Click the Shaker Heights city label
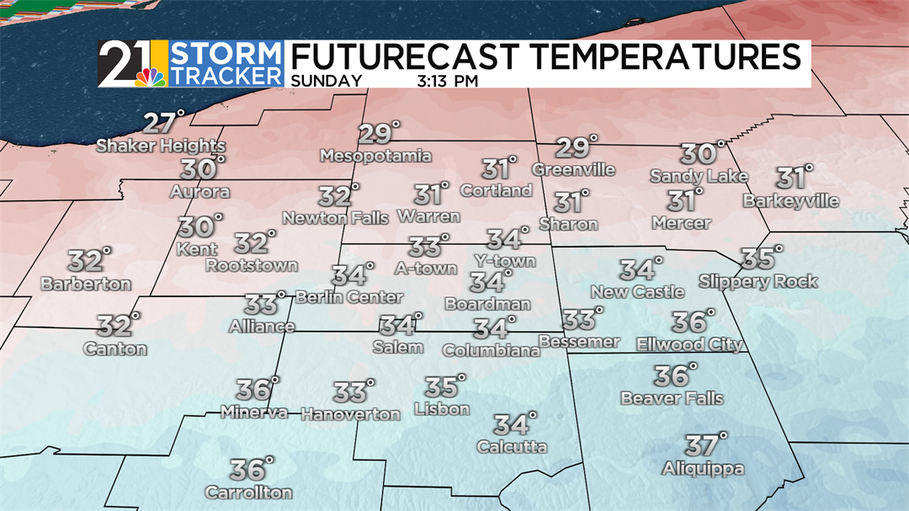click(161, 146)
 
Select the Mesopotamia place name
click(376, 156)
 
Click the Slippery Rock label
click(757, 281)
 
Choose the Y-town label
click(504, 261)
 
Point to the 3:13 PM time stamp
click(448, 82)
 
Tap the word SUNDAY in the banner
click(327, 82)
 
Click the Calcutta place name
click(512, 447)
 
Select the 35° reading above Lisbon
click(443, 387)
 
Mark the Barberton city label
click(86, 284)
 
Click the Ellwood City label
click(689, 344)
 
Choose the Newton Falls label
click(335, 218)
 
